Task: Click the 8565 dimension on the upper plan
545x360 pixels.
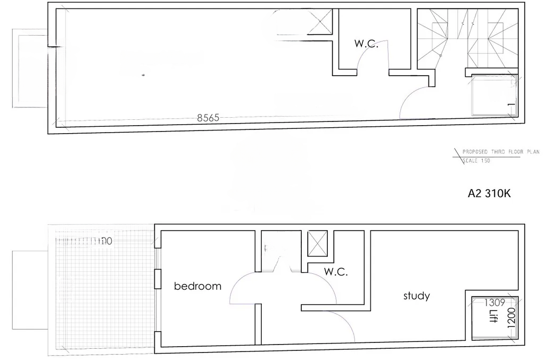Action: tap(208, 118)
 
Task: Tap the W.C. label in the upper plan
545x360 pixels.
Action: tap(366, 44)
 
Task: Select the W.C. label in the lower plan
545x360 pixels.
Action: tap(336, 272)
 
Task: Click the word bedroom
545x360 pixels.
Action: tap(197, 287)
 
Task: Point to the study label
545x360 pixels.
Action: tap(416, 296)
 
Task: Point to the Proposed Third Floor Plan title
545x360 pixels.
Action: tap(493, 152)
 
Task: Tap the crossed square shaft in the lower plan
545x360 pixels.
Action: tap(318, 244)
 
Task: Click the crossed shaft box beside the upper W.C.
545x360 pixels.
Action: tap(321, 22)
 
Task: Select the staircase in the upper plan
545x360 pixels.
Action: tap(467, 38)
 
